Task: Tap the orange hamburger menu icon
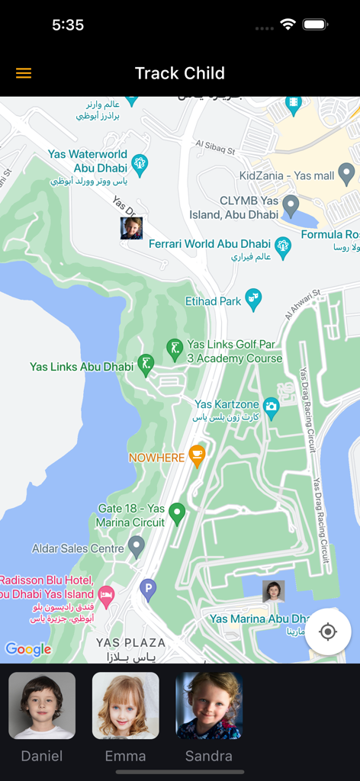click(24, 73)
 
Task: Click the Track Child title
click(180, 73)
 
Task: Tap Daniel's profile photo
click(42, 705)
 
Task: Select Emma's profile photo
click(126, 705)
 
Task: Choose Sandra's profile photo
click(209, 705)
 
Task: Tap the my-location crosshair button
click(328, 632)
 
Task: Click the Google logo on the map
click(28, 649)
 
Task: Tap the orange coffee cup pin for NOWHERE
click(197, 456)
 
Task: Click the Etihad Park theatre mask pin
click(253, 300)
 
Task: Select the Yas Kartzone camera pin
click(271, 406)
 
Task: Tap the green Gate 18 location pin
click(177, 513)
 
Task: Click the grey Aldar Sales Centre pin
click(137, 546)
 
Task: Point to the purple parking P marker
click(148, 588)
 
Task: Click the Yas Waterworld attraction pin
click(140, 162)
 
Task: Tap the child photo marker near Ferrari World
click(131, 228)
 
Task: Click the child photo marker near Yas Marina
click(273, 591)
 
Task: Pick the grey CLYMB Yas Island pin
click(290, 204)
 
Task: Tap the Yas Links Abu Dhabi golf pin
click(146, 364)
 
